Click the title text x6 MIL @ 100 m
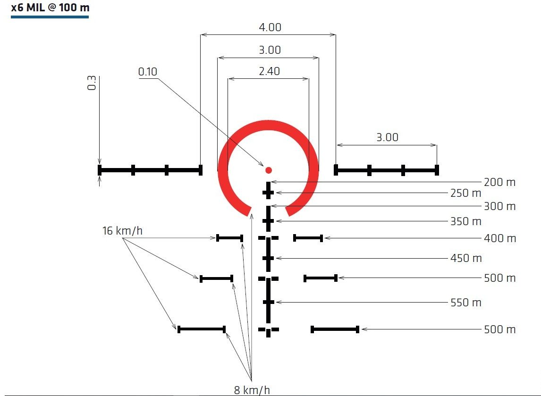tap(50, 8)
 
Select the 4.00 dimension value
tap(270, 27)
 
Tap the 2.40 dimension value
tap(269, 71)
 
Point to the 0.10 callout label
tap(148, 71)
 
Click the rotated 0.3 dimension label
tap(92, 83)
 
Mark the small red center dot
tap(269, 170)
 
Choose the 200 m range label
tap(499, 182)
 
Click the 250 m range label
tap(466, 193)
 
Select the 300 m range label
tap(499, 206)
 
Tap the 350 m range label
tap(466, 221)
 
